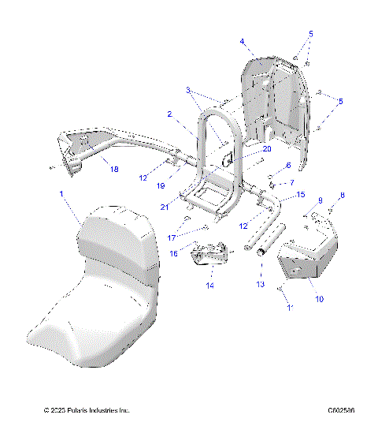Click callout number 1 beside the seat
point(62,192)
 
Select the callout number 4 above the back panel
point(243,41)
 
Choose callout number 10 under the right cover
point(319,300)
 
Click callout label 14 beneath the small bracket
point(210,285)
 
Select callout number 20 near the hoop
point(245,148)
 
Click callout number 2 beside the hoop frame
point(169,114)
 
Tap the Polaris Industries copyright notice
point(87,411)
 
